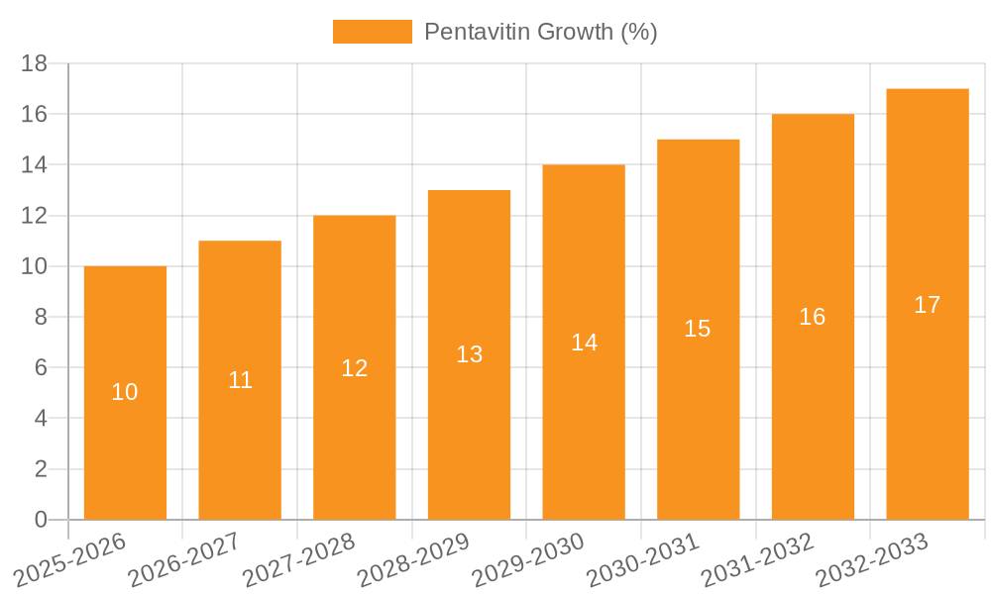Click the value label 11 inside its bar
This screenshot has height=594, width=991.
240,380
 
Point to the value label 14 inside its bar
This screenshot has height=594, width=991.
584,343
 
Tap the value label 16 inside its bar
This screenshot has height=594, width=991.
812,317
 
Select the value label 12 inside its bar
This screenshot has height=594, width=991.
354,368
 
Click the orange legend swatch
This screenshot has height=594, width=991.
372,32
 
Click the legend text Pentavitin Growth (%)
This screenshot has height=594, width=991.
540,32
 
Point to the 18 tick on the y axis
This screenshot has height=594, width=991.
34,63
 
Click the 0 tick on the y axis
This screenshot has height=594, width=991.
41,520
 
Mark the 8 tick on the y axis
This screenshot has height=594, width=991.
41,317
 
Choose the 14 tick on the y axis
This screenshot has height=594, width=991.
34,164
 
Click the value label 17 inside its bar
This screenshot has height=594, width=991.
927,305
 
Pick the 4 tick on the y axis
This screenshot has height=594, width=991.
41,418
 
